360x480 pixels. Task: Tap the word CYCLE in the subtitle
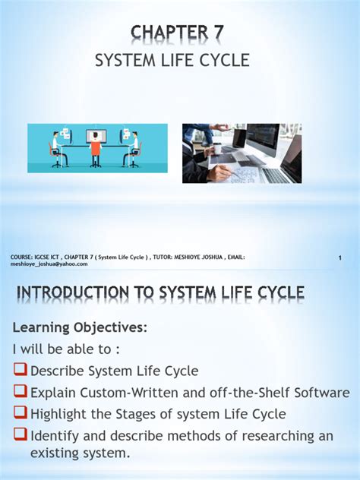click(x=226, y=61)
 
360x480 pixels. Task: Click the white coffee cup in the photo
click(x=217, y=149)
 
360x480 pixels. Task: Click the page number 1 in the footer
click(x=340, y=259)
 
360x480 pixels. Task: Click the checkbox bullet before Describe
click(x=21, y=371)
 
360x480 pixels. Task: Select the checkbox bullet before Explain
click(x=21, y=393)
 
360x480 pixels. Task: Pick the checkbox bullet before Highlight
click(x=21, y=415)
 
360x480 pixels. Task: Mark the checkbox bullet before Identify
click(x=21, y=436)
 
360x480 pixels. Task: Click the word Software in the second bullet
click(x=321, y=393)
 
